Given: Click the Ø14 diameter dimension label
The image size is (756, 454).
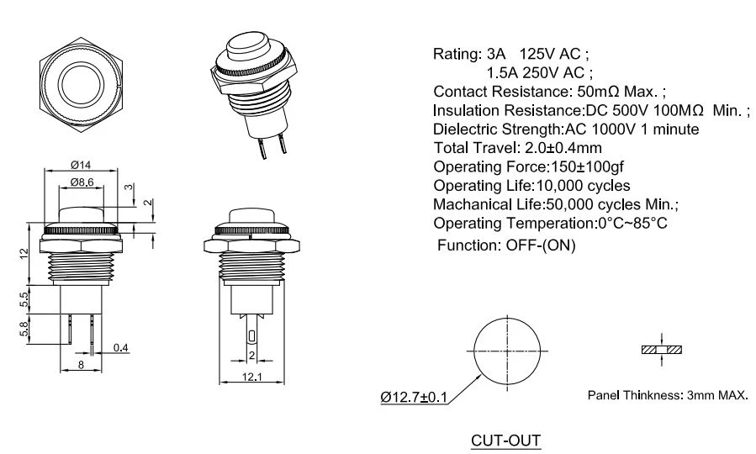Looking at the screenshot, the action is click(81, 165).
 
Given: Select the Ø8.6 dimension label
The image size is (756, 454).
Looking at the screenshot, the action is click(82, 182).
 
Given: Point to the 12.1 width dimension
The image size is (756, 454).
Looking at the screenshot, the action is click(251, 377).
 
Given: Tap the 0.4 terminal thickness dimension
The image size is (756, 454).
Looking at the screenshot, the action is click(120, 347).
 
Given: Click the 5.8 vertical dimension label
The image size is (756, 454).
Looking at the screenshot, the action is click(24, 330).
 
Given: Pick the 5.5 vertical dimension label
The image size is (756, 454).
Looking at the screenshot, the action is click(24, 299).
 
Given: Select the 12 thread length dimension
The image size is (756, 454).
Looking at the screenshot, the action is click(24, 254).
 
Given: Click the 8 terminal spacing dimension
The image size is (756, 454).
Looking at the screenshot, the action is click(81, 365).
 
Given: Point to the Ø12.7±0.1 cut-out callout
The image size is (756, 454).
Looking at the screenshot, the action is click(414, 397).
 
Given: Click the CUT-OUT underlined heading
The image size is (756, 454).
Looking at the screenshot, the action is click(505, 441).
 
